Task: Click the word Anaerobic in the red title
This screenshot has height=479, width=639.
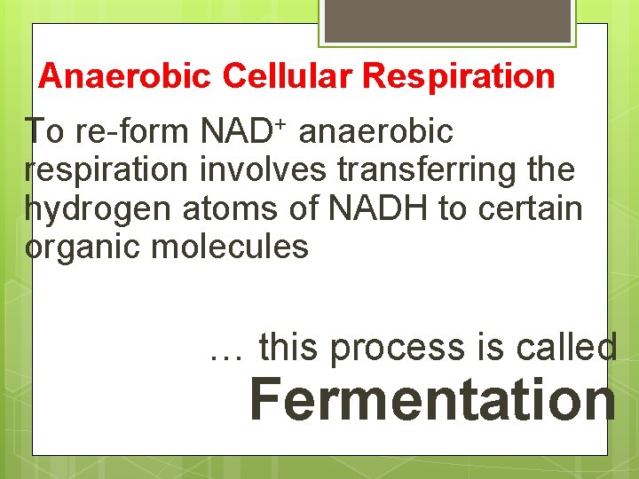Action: point(125,76)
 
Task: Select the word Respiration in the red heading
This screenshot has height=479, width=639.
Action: point(458,76)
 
